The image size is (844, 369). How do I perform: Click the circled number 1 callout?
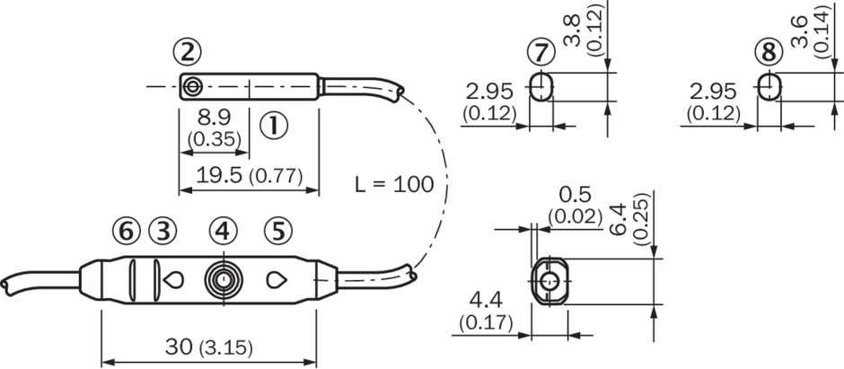click(274, 126)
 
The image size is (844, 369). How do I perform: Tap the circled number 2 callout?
click(188, 53)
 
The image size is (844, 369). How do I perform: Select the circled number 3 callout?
click(163, 232)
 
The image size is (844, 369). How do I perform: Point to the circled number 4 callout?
click(224, 232)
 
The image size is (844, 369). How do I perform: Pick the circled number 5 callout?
click(278, 232)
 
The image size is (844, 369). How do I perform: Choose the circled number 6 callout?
click(127, 232)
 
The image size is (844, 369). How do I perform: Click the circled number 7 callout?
click(541, 53)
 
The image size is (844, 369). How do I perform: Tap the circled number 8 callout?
click(769, 53)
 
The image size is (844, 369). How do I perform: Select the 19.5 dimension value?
click(219, 175)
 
